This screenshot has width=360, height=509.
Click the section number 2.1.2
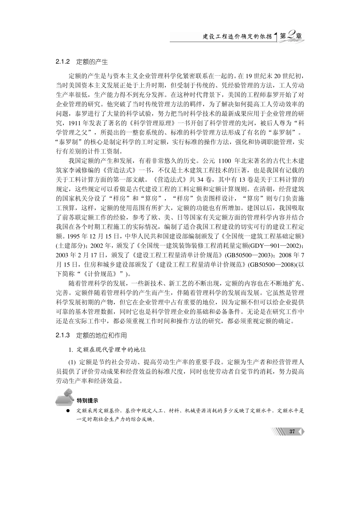pos(63,61)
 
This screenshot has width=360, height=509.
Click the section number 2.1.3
pos(63,336)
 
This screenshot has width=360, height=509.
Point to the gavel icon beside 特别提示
pos(65,397)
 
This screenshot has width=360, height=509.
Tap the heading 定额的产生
pos(92,61)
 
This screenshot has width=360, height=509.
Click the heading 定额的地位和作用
pos(102,336)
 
